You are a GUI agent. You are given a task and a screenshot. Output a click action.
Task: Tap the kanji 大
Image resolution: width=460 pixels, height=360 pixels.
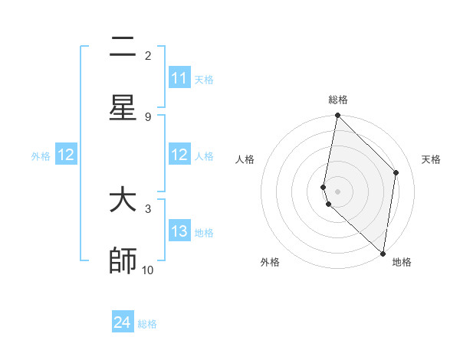click(123, 201)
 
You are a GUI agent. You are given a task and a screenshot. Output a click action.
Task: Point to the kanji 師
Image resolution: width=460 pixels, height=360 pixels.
click(123, 260)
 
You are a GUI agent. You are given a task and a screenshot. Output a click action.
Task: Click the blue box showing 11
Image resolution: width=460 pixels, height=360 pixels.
click(179, 78)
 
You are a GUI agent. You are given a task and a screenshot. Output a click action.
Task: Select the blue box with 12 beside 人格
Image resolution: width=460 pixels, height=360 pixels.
click(179, 155)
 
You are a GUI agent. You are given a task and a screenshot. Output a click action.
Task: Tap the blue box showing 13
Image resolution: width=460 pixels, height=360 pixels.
click(179, 231)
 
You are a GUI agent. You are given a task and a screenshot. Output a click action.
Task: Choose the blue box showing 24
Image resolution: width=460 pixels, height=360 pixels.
click(123, 322)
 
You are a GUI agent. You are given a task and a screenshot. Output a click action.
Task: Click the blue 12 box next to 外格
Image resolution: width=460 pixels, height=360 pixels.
click(66, 155)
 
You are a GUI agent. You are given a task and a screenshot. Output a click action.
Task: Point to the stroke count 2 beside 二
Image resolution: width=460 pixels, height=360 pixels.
click(148, 55)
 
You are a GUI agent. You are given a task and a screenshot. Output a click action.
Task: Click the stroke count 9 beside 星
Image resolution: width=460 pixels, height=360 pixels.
click(148, 116)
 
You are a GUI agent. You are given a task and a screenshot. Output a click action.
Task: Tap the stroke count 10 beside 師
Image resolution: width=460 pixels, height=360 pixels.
click(148, 270)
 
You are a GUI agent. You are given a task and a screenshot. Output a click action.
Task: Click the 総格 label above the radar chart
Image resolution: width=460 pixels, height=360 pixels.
click(338, 100)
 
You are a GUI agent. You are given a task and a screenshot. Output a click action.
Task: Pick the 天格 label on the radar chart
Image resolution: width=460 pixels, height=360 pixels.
click(431, 159)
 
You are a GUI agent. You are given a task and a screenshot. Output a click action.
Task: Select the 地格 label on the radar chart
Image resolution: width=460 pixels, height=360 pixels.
click(402, 262)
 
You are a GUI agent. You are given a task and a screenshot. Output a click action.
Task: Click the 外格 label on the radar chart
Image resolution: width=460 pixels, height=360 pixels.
click(270, 262)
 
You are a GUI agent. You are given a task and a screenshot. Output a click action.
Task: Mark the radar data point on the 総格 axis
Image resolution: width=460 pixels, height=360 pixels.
click(337, 115)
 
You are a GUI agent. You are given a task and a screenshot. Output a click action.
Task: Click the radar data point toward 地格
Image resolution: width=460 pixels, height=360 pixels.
click(383, 253)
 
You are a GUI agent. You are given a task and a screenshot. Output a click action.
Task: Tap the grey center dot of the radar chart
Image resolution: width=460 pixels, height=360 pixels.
click(337, 191)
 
